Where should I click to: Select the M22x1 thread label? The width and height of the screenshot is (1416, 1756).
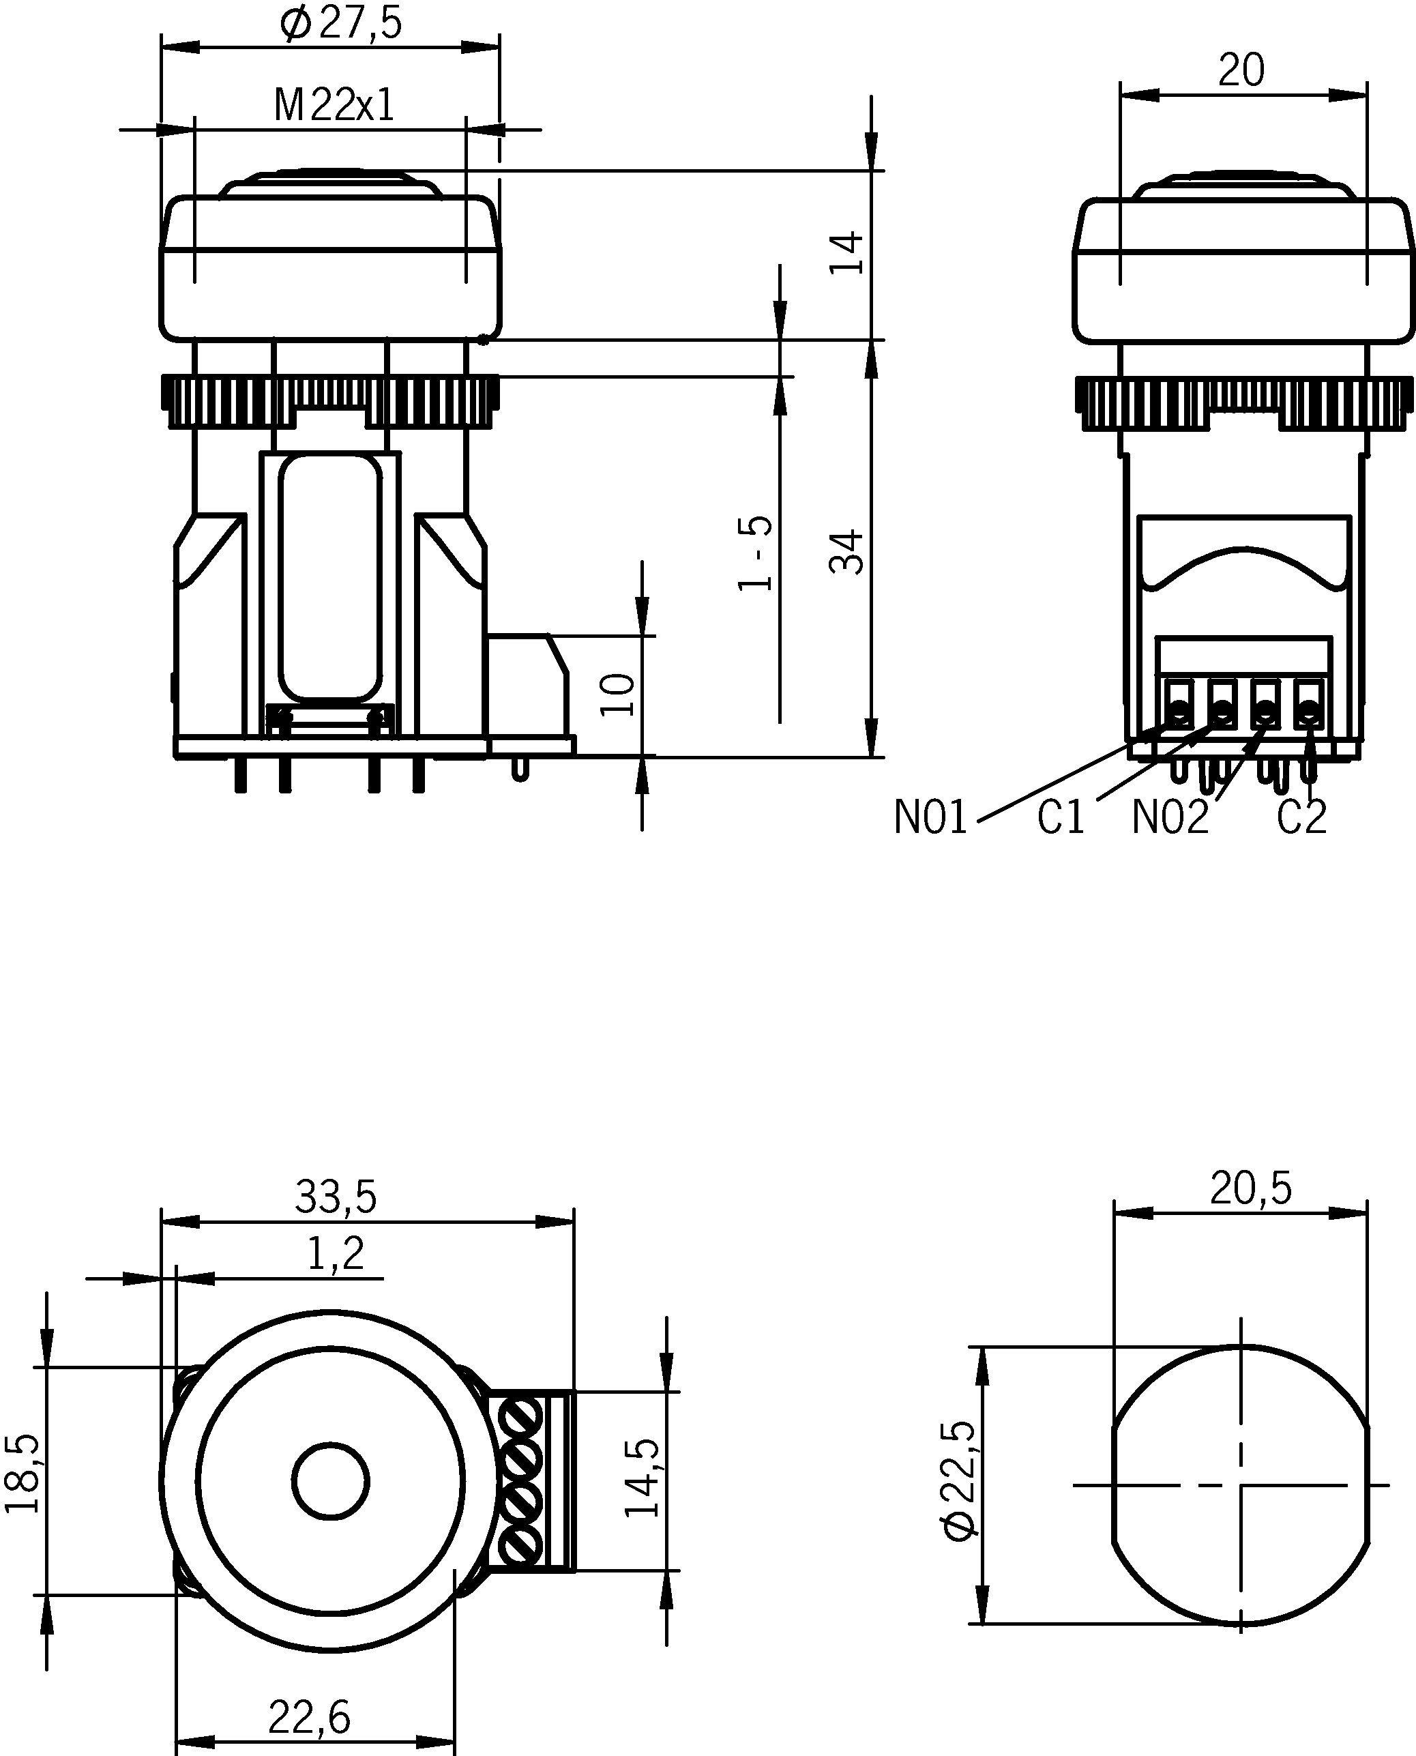(x=334, y=105)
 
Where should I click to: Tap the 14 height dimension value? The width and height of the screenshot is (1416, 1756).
(x=846, y=254)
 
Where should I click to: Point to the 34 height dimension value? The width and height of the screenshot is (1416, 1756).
(x=846, y=552)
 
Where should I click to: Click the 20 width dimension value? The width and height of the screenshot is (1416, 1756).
(x=1241, y=70)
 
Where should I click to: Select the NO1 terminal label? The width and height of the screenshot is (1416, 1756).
(x=930, y=817)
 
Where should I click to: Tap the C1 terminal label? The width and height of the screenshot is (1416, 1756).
(x=1061, y=817)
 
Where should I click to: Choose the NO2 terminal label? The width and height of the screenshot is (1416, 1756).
(x=1170, y=817)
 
